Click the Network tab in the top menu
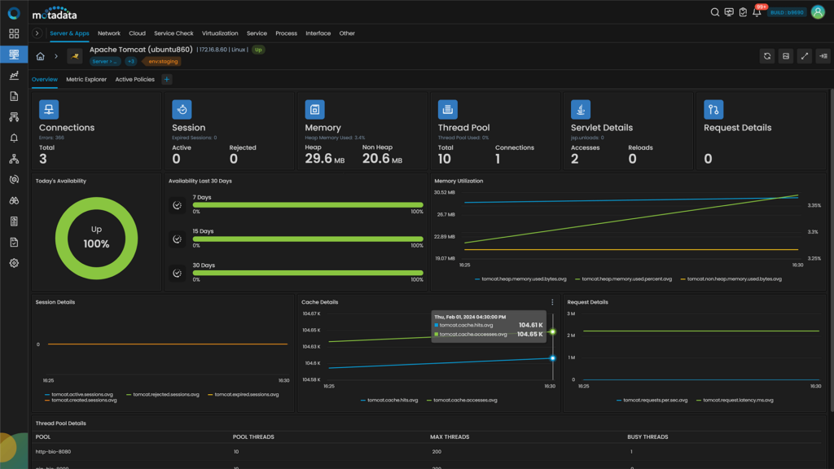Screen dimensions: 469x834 [x=108, y=33]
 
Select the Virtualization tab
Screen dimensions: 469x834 [x=220, y=33]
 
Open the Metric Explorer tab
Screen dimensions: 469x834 [x=86, y=80]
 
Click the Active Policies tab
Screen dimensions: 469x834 [x=134, y=80]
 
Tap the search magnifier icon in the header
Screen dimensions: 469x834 [x=715, y=12]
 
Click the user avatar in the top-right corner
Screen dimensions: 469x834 [x=818, y=12]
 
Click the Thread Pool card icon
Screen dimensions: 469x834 [x=447, y=109]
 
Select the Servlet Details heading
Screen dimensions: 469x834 [x=601, y=128]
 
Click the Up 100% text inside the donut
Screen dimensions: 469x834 [x=96, y=238]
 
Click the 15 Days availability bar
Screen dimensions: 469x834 [x=308, y=239]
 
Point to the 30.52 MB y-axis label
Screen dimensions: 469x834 [x=445, y=192]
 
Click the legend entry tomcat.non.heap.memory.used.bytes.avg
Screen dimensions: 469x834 [x=733, y=278]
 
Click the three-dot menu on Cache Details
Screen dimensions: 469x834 [x=552, y=302]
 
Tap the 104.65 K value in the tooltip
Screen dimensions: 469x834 [x=530, y=334]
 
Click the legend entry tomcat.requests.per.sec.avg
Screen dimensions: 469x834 [x=653, y=400]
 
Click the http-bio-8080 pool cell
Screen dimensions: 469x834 [x=54, y=451]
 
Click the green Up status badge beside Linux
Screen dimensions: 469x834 [x=258, y=50]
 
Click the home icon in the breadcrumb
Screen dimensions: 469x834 [x=40, y=56]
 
